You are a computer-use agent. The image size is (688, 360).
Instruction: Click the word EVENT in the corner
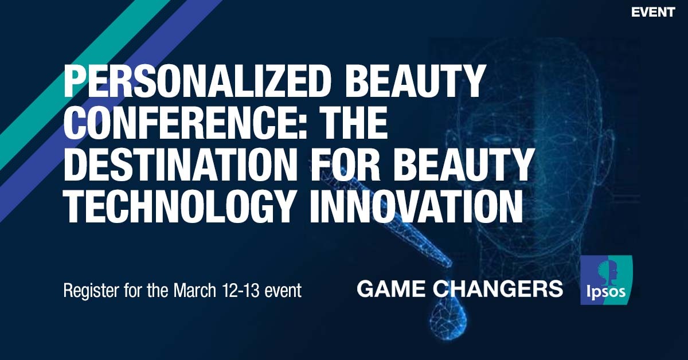(653, 12)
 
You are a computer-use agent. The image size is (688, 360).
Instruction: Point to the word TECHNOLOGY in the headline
(182, 206)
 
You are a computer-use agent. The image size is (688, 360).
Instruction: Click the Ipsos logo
(607, 280)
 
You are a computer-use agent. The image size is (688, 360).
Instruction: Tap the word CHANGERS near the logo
(498, 289)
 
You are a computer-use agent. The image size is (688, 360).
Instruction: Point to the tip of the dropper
(450, 265)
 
